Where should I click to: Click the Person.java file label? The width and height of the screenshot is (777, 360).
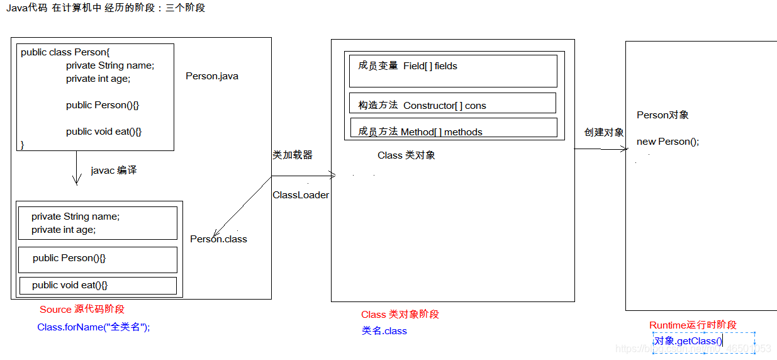tap(212, 76)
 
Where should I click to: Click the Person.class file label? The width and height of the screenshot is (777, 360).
tap(218, 239)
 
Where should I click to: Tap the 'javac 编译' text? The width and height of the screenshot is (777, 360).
tap(114, 171)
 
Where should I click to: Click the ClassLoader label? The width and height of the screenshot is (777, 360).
tap(301, 195)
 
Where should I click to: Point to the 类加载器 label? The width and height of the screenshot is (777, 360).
tap(293, 155)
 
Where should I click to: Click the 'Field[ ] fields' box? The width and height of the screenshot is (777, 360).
tap(453, 70)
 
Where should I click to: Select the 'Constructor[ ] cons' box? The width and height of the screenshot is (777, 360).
tap(452, 103)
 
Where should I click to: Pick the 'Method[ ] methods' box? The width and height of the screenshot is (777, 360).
tap(453, 128)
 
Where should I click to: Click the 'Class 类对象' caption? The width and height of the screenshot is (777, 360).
tap(406, 155)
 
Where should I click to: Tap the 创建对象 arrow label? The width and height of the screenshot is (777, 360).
tap(604, 132)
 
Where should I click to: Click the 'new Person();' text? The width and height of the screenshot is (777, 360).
tap(668, 142)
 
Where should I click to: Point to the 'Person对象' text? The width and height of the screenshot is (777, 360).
tap(662, 115)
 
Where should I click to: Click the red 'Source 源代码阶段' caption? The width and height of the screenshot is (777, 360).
tap(82, 310)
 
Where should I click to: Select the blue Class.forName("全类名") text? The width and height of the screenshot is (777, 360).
tap(94, 327)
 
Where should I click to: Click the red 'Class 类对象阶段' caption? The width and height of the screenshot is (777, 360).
tap(400, 315)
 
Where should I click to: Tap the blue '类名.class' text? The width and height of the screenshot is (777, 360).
tap(384, 331)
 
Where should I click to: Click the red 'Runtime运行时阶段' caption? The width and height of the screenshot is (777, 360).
tap(693, 325)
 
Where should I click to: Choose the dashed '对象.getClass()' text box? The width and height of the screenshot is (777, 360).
tap(703, 342)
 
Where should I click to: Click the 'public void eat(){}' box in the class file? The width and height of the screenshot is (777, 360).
tap(98, 286)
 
